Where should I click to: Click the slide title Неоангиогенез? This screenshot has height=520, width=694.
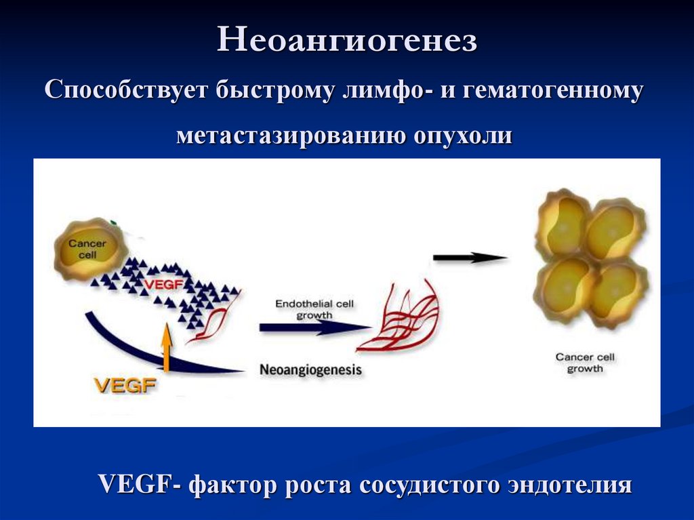(x=347, y=39)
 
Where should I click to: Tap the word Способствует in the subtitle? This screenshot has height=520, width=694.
(x=127, y=90)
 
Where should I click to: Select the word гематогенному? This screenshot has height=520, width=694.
(x=553, y=90)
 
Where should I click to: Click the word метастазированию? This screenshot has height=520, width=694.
(x=291, y=135)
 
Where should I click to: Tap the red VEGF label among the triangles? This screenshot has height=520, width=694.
(x=163, y=284)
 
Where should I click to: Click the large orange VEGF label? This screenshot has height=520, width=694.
(x=125, y=385)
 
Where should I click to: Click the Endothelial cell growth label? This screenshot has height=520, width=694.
(x=314, y=309)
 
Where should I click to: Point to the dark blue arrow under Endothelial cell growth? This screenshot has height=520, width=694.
(x=315, y=327)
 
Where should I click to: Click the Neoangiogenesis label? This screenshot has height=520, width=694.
(x=310, y=370)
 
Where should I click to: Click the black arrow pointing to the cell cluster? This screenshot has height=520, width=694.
(x=470, y=258)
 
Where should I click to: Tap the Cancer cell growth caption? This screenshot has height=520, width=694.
(x=585, y=363)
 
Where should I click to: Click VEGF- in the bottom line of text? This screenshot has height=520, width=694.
(x=139, y=483)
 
